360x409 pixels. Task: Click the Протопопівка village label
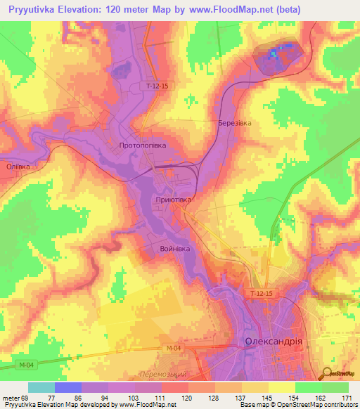click(143, 145)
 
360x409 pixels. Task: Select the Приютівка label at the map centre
click(173, 200)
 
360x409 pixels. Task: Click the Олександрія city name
click(274, 342)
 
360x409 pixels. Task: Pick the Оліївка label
click(18, 167)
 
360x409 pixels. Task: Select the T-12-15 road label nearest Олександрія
click(261, 293)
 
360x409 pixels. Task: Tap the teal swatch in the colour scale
click(41, 387)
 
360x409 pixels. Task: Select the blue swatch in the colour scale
click(67, 387)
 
